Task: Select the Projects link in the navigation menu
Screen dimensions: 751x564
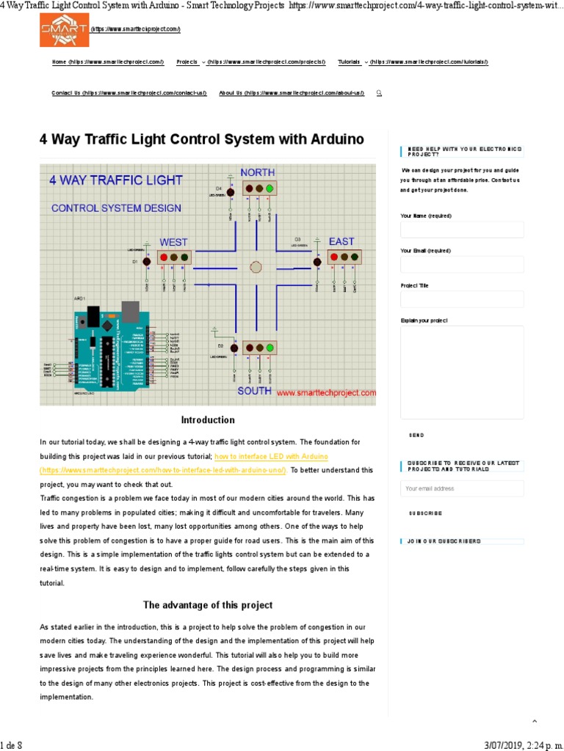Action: [187, 62]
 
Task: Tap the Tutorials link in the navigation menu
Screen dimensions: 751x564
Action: [349, 62]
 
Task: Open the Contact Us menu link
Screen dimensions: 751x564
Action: [66, 93]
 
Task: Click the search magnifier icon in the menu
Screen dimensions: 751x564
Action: [378, 93]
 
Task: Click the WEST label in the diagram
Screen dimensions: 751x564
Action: [173, 242]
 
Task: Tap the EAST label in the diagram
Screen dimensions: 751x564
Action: [341, 241]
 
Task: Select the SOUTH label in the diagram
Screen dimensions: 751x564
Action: [254, 391]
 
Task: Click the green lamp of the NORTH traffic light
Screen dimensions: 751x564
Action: [270, 189]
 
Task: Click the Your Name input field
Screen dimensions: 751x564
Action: [462, 230]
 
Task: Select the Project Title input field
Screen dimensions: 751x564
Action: [462, 299]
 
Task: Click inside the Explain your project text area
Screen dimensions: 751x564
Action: [462, 372]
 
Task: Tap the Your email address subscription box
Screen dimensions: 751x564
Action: [462, 488]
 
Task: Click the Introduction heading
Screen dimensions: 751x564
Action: [208, 420]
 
